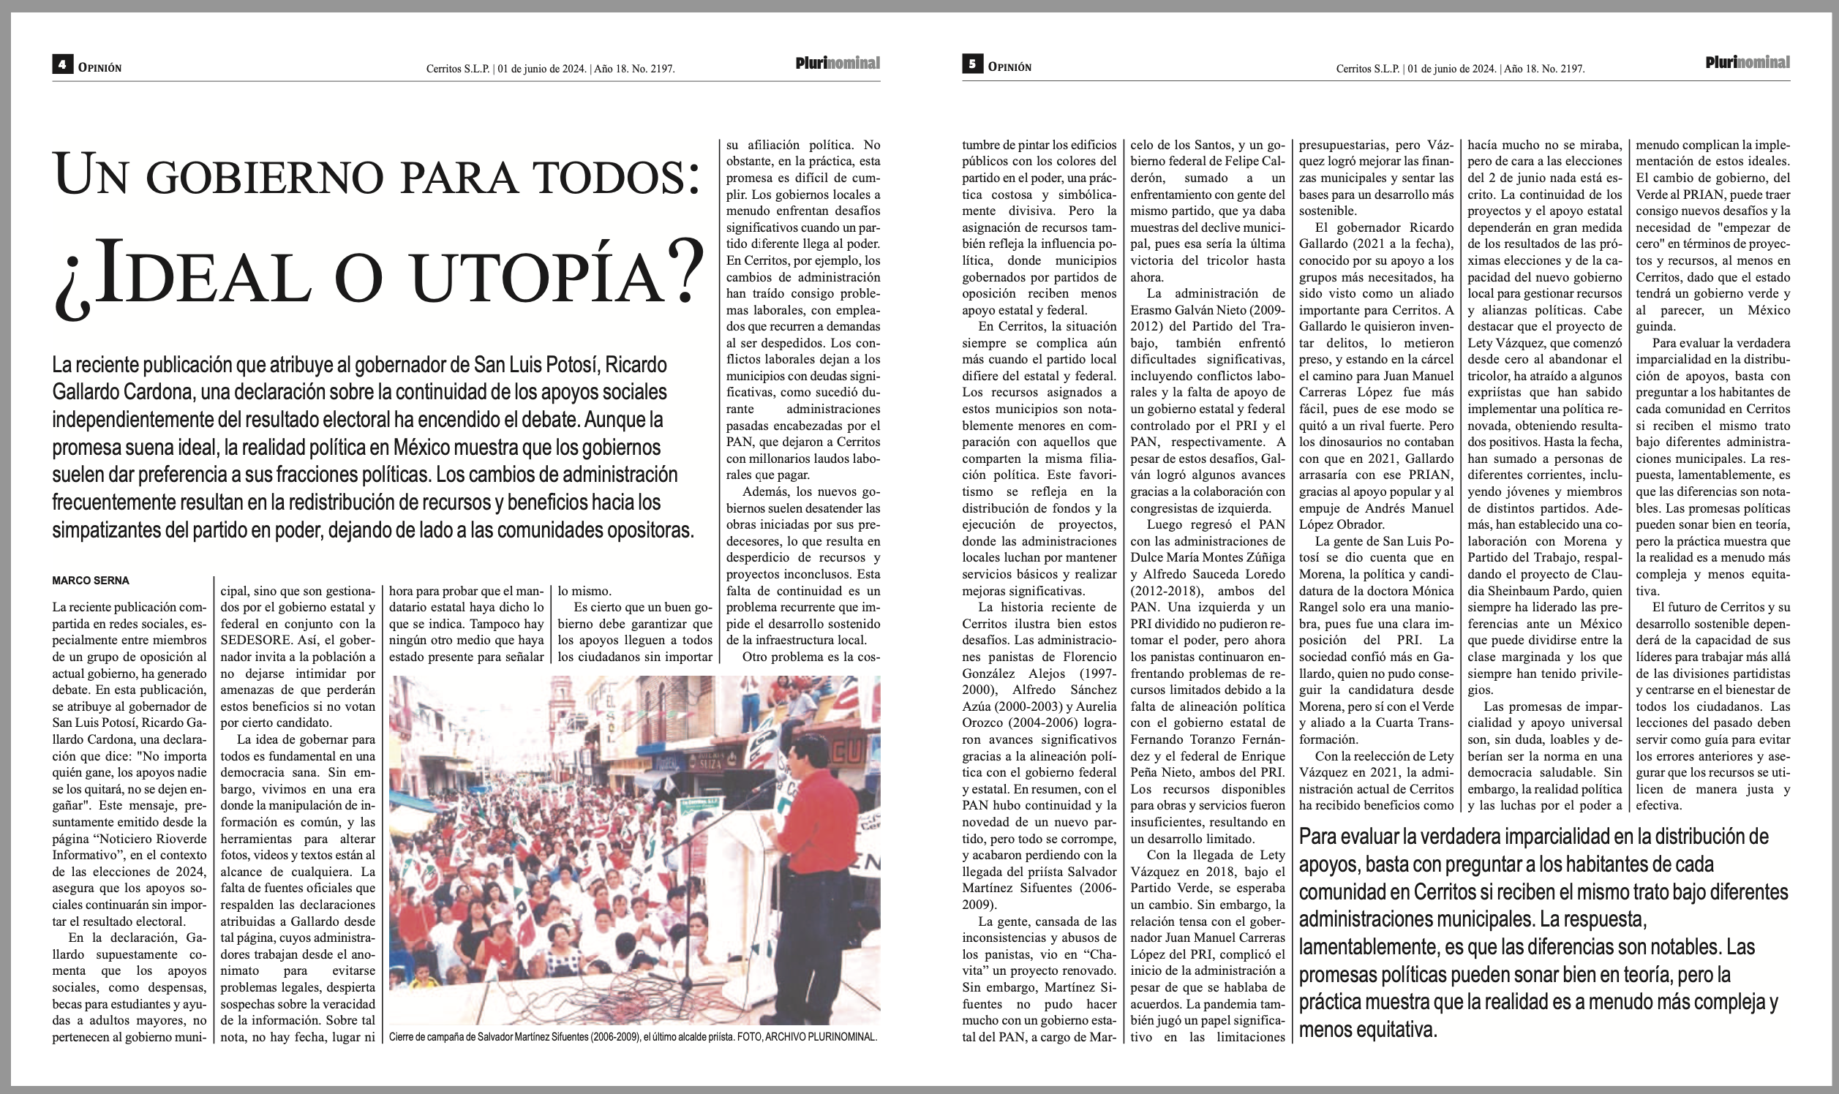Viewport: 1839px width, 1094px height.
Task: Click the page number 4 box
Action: point(62,65)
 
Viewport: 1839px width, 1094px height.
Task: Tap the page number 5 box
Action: point(972,65)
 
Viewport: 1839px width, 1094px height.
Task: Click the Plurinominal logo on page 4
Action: point(838,64)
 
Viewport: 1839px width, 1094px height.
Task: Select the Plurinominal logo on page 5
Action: point(1748,63)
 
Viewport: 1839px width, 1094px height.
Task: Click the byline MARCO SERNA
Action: point(91,581)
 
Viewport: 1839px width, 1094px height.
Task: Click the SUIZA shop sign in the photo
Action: point(712,763)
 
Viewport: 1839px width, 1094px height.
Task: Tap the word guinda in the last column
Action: point(1656,327)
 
